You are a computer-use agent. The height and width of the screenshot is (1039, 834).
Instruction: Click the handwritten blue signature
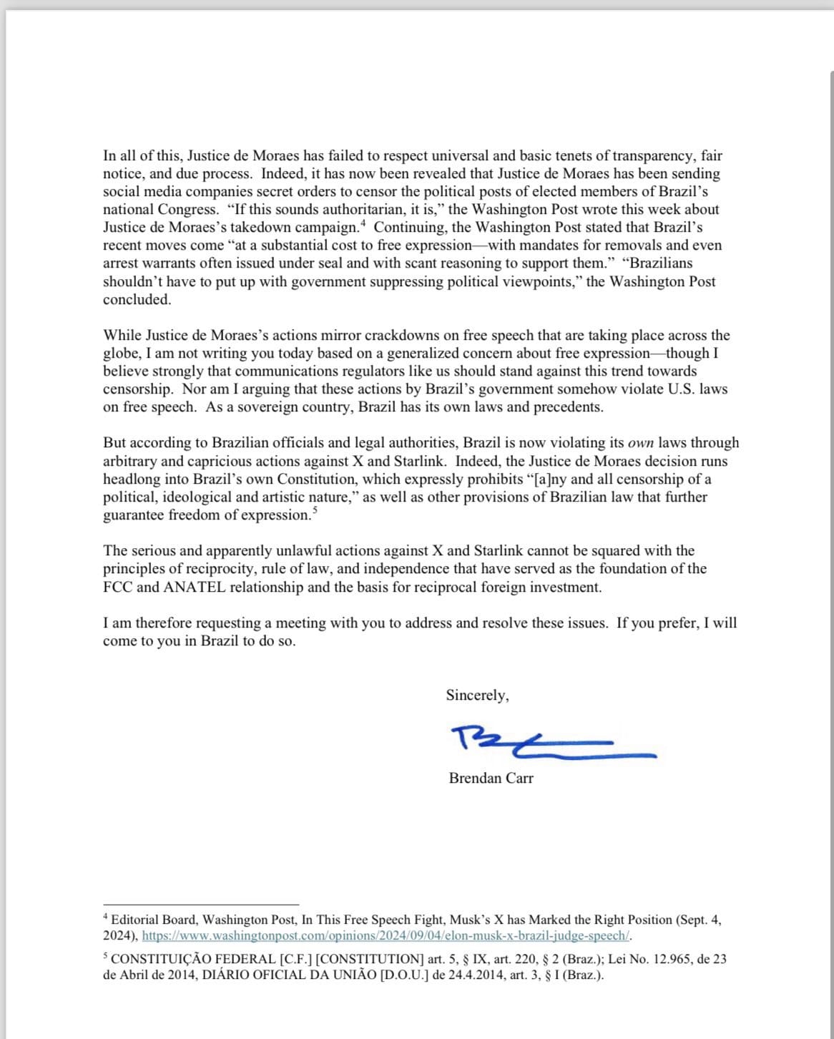pyautogui.click(x=544, y=741)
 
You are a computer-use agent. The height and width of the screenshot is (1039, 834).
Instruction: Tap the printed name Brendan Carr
pyautogui.click(x=491, y=779)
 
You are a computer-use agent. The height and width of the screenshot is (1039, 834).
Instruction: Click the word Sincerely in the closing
pyautogui.click(x=476, y=695)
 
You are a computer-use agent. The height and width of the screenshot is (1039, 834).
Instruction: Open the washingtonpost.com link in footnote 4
pyautogui.click(x=386, y=936)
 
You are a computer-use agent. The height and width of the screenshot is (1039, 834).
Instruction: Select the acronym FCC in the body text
pyautogui.click(x=117, y=587)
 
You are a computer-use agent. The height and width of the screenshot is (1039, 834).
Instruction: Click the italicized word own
pyautogui.click(x=640, y=443)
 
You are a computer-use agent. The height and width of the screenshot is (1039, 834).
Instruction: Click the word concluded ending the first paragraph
pyautogui.click(x=137, y=300)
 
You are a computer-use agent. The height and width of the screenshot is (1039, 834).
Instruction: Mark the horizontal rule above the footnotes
pyautogui.click(x=200, y=904)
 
